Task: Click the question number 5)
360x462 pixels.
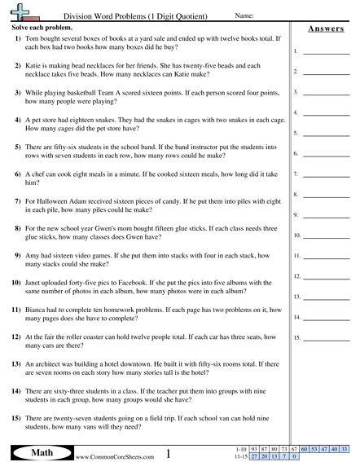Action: (x=16, y=147)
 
